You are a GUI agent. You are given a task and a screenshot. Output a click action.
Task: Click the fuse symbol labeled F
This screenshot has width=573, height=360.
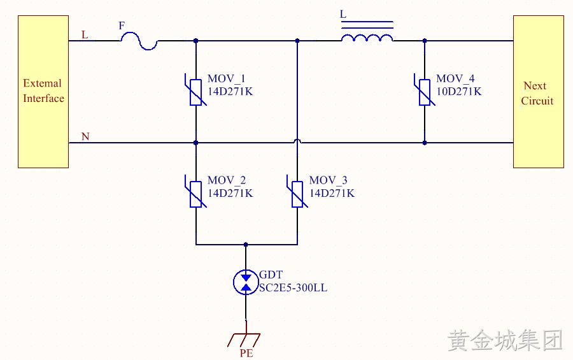point(139,41)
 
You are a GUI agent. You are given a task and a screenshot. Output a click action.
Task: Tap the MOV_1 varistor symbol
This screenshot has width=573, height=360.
point(196,92)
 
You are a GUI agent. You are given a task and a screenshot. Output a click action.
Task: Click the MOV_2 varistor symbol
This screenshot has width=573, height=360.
point(196,194)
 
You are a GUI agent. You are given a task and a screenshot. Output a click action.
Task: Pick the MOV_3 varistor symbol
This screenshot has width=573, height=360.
point(297,194)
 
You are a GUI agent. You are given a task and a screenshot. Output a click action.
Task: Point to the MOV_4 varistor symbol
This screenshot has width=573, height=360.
point(425,92)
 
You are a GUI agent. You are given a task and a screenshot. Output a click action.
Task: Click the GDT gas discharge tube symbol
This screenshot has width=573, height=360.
point(246,282)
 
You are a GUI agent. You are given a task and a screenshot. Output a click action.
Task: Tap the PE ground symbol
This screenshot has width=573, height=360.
point(244,340)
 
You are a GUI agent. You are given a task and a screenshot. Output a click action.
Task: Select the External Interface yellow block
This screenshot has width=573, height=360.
point(43,92)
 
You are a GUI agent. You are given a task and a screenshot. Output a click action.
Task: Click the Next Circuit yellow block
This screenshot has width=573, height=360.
point(538,92)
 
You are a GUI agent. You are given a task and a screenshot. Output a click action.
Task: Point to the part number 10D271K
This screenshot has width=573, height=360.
point(459,92)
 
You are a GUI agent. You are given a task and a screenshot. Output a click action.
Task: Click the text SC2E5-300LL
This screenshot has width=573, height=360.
point(293,288)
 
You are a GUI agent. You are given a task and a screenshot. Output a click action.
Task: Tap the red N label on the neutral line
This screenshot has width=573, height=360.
point(85,136)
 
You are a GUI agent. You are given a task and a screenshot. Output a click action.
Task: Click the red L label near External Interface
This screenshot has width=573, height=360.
point(85,35)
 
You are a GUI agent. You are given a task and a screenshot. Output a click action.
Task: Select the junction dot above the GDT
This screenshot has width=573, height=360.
point(246,245)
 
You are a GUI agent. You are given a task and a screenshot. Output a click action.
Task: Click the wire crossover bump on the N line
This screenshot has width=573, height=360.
point(297,140)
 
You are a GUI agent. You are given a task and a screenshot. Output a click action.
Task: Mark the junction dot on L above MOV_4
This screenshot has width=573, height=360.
point(425,41)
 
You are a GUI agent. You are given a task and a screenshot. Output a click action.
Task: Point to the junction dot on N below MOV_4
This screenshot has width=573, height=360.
point(425,143)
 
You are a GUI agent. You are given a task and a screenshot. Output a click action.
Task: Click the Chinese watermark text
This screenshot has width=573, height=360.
point(505,340)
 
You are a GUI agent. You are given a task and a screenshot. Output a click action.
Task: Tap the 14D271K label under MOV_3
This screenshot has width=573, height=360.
point(332,193)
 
